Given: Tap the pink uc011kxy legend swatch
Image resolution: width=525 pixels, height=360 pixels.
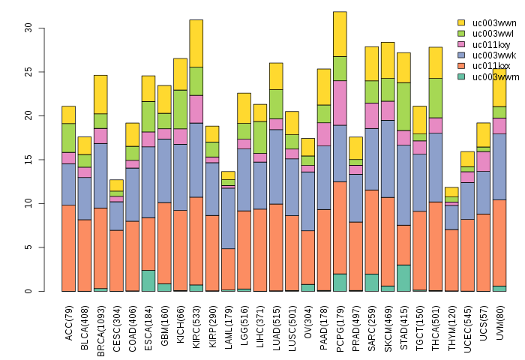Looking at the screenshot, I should (x=461, y=44).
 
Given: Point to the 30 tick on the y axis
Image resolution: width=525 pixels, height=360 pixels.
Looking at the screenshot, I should (x=28, y=28).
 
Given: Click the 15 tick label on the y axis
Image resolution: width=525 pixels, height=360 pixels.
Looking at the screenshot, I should (x=28, y=115).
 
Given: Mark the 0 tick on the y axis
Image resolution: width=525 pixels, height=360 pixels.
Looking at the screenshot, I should (x=28, y=291).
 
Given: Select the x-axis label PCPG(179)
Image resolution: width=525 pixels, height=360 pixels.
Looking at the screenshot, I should (x=340, y=324).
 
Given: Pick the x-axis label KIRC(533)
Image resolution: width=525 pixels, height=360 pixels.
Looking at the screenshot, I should (x=196, y=324).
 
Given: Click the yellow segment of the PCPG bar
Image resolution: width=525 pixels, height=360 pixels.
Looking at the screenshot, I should (x=340, y=34).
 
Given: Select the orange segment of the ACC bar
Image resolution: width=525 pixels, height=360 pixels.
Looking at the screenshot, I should (x=68, y=247).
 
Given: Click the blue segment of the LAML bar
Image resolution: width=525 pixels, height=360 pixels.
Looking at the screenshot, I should (x=228, y=218).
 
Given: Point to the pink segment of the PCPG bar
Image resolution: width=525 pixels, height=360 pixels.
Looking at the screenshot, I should (x=340, y=103).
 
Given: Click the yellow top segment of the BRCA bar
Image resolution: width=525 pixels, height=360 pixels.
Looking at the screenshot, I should (x=100, y=94).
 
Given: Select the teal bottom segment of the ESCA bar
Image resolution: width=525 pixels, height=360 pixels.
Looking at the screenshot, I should (x=148, y=280).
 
